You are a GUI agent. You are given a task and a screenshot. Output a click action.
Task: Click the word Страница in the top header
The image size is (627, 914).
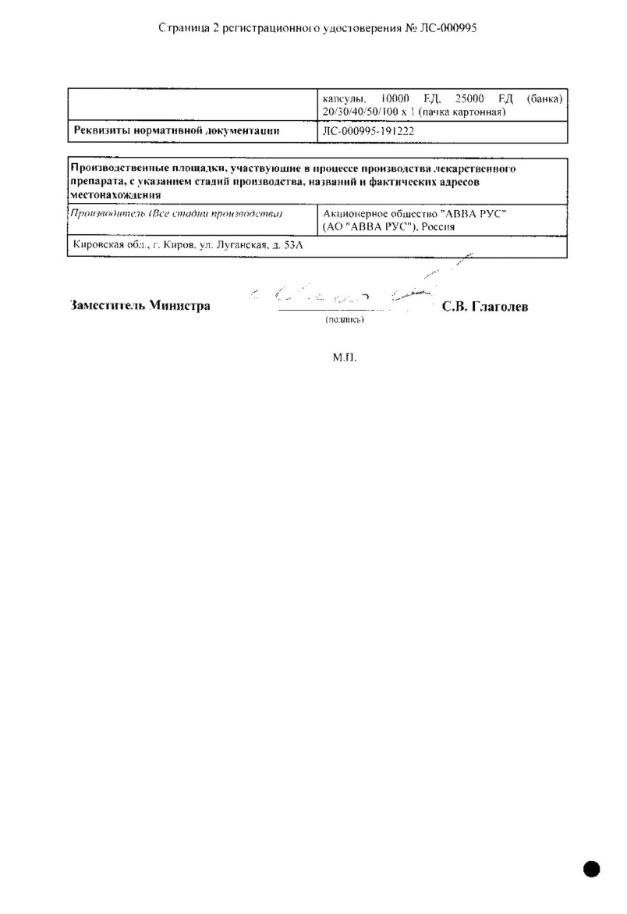click(182, 27)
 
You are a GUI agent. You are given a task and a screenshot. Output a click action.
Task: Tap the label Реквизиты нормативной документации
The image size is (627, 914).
click(176, 132)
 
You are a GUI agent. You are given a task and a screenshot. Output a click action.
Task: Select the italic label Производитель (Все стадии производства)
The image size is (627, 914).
click(175, 213)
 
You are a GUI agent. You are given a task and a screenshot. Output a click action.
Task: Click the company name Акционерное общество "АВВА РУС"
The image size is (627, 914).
click(414, 213)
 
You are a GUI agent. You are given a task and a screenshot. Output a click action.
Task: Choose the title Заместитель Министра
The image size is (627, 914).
click(140, 306)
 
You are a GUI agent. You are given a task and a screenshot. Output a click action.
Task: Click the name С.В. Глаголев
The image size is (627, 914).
click(484, 307)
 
